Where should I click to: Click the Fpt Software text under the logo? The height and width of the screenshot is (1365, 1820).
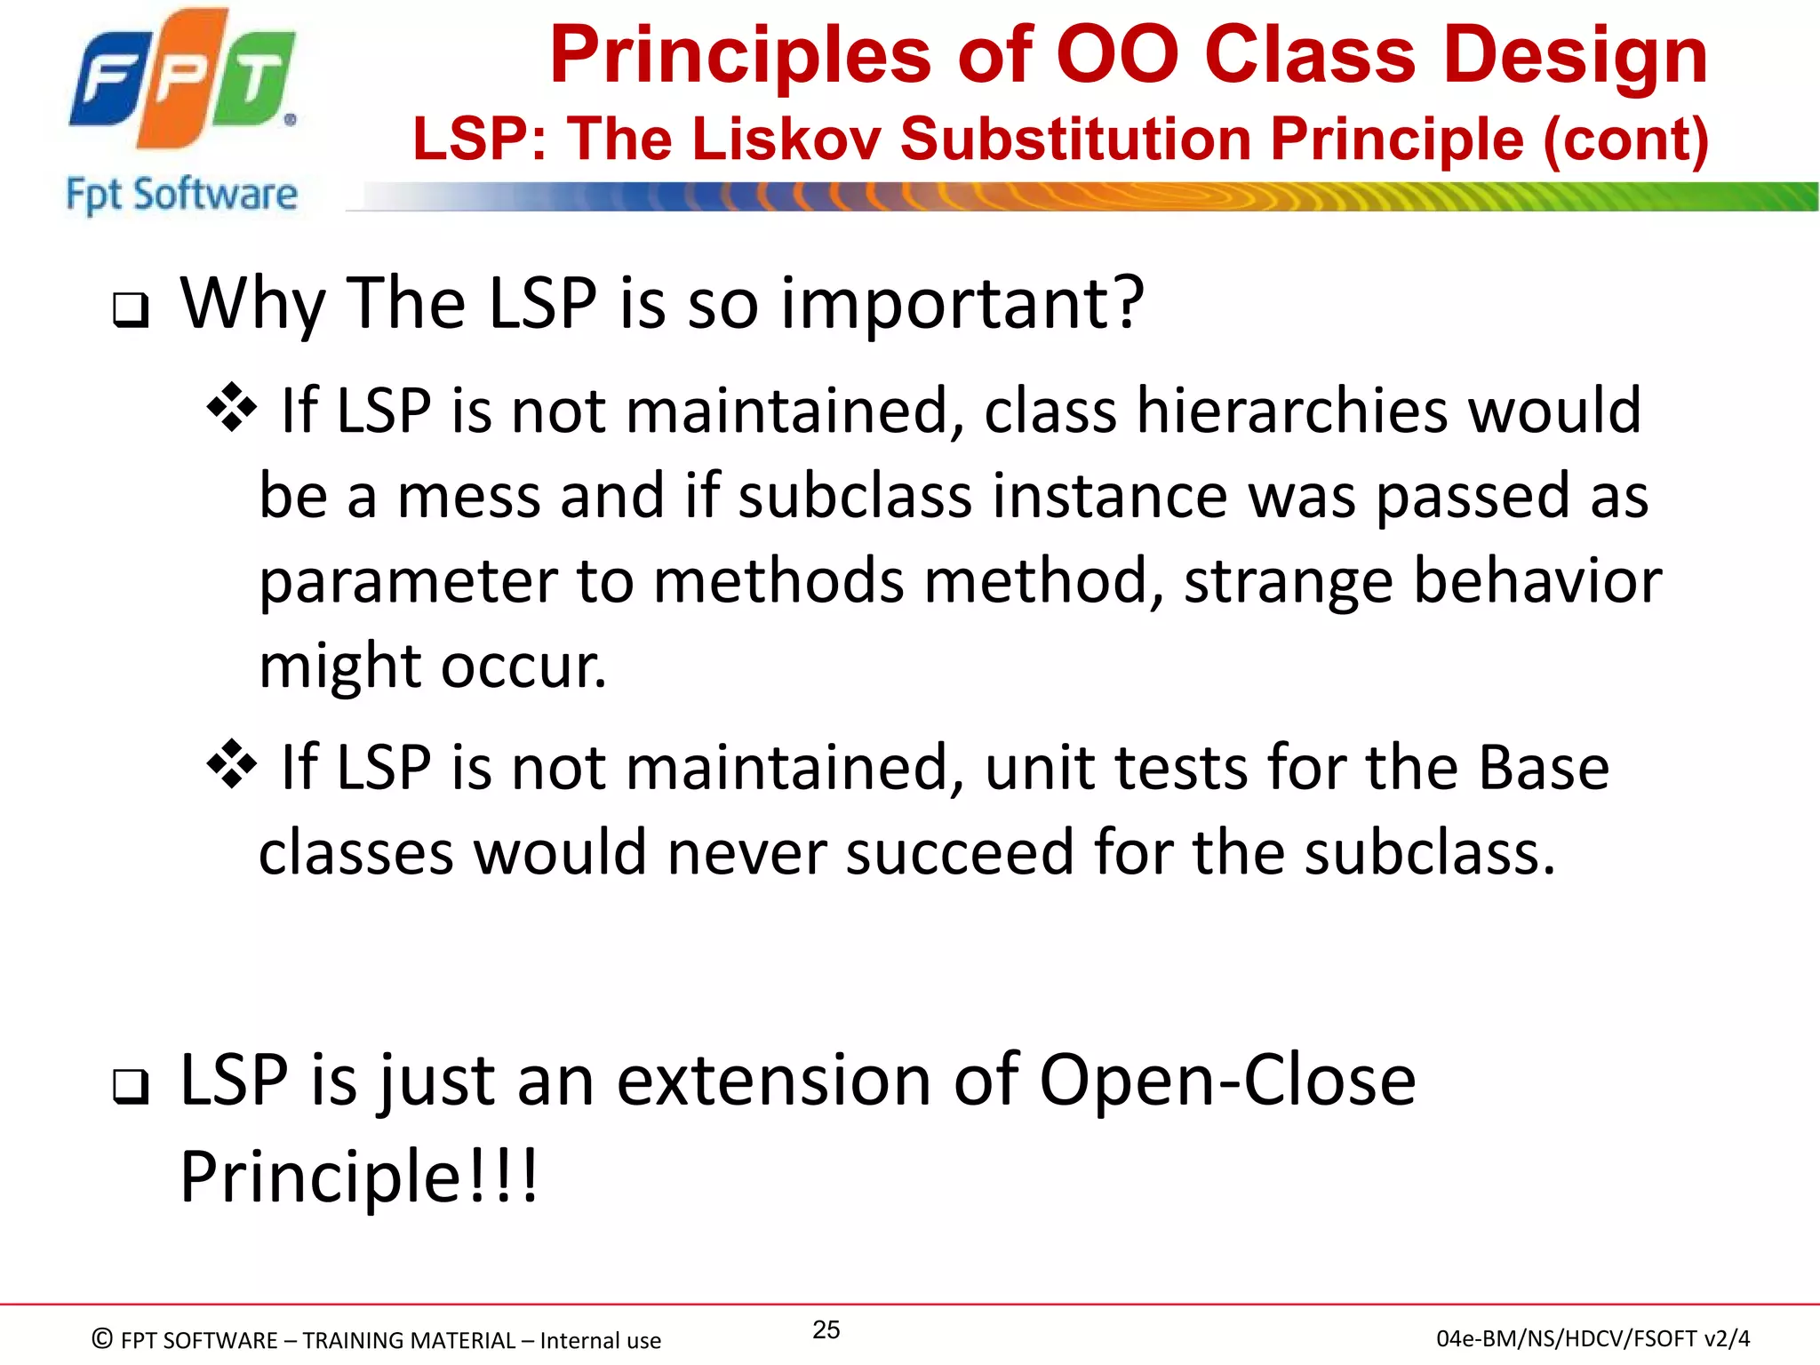181,195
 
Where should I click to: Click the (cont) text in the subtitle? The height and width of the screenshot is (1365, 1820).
1625,140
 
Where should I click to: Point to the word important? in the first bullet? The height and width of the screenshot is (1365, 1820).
962,304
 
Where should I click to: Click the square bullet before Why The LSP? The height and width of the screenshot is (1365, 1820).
131,311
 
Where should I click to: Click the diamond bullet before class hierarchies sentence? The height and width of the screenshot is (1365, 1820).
231,408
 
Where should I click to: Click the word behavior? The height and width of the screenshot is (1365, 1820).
1537,581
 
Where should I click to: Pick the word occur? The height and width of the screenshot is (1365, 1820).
523,667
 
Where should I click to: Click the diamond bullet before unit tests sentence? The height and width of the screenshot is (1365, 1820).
231,764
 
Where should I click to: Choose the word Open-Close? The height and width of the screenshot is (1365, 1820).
1227,1081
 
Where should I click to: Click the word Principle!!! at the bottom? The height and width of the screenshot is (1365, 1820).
359,1177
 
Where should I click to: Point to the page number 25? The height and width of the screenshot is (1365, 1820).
826,1330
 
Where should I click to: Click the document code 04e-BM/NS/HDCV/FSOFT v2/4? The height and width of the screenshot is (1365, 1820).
1592,1338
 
